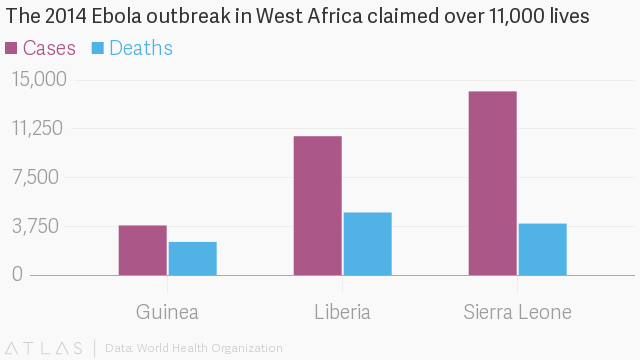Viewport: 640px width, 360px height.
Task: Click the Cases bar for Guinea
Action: (x=143, y=250)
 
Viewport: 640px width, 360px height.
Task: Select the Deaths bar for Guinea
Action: (x=193, y=258)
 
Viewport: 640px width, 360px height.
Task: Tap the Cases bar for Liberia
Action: (x=318, y=206)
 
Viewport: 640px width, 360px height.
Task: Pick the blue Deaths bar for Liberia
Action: (x=368, y=244)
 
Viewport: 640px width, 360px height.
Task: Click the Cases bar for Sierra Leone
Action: (x=493, y=183)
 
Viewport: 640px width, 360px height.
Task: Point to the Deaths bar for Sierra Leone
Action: (x=543, y=249)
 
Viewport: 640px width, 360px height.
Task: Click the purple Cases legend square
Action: (x=11, y=48)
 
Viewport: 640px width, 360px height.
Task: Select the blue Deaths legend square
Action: (x=98, y=48)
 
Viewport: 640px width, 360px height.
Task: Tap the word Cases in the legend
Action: (x=49, y=48)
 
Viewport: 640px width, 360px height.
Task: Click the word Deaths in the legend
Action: (x=141, y=48)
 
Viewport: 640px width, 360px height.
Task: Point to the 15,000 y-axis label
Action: (x=39, y=79)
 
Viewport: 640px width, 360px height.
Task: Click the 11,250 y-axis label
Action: (x=38, y=128)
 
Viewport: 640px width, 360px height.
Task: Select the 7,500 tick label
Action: (x=36, y=177)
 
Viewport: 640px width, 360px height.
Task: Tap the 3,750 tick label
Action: (x=36, y=226)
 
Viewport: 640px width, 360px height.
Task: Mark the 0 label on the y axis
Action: (x=18, y=274)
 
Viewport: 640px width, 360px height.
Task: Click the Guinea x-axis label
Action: (x=167, y=312)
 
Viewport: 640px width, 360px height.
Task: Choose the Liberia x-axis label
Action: (x=342, y=312)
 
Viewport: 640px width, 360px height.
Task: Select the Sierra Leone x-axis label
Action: (x=518, y=312)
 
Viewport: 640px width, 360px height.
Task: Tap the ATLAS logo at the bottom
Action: (x=44, y=348)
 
